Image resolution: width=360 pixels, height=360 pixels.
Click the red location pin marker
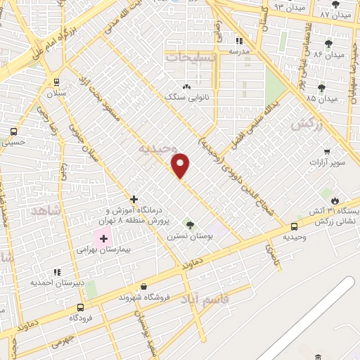181,165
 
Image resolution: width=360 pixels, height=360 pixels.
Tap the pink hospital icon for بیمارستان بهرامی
103,240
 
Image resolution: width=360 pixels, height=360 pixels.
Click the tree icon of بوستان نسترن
188,224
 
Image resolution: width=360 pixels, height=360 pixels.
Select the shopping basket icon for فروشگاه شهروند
144,286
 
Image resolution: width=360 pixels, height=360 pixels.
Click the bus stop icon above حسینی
13,131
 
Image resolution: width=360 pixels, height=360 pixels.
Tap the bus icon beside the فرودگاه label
80,307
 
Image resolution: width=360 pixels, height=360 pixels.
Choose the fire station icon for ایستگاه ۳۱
335,200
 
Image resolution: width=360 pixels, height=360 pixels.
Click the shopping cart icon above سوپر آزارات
327,151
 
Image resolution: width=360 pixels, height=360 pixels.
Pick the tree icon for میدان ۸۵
321,88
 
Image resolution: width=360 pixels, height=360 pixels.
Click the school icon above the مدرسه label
238,41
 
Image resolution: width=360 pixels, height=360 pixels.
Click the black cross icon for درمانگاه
134,199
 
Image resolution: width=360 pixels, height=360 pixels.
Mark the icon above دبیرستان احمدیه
57,271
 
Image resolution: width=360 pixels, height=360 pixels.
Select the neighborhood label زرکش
305,124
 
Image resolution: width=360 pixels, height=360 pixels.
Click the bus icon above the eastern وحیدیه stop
294,226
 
